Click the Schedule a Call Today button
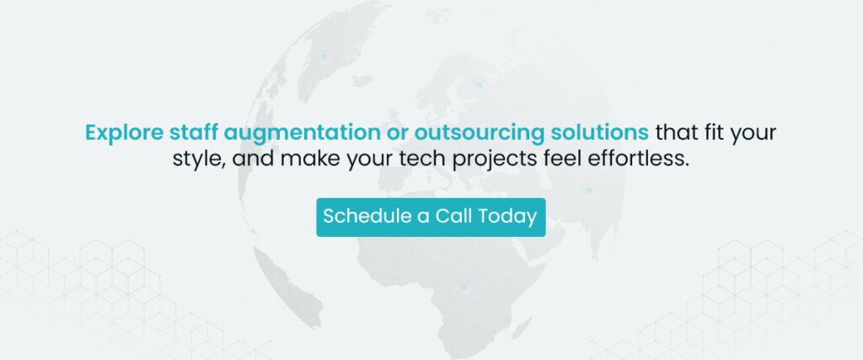[431, 218]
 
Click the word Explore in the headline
[125, 133]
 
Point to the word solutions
[599, 132]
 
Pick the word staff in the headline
[194, 132]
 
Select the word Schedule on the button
[367, 216]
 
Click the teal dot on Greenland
[324, 56]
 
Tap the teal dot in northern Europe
[480, 85]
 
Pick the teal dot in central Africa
[464, 287]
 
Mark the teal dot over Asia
[588, 191]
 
